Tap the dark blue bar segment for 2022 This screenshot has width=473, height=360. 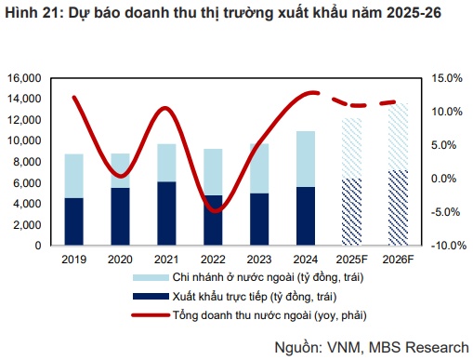click(x=213, y=221)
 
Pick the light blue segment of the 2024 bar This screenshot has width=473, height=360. click(x=306, y=159)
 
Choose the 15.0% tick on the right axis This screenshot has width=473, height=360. click(x=443, y=77)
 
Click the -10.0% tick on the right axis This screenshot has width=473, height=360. click(x=441, y=246)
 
